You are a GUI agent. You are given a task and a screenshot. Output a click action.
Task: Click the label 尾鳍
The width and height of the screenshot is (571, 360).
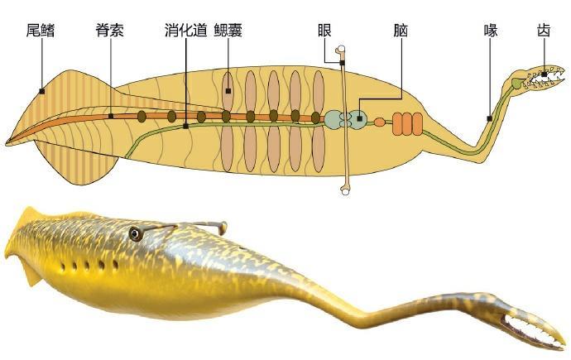click(40, 31)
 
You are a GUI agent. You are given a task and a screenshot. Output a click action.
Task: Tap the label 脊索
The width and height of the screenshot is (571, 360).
click(110, 31)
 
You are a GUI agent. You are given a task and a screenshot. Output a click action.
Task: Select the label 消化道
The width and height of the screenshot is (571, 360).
click(185, 31)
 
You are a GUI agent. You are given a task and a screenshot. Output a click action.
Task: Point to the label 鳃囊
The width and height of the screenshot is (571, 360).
click(228, 31)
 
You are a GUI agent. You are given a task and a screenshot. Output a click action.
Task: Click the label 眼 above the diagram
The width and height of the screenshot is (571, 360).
click(324, 31)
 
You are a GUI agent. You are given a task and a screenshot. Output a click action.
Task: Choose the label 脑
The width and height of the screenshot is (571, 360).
click(401, 31)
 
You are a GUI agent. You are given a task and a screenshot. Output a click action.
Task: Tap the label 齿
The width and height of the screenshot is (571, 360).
click(544, 31)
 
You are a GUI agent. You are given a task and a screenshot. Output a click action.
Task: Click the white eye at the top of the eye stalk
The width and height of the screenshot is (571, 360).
click(339, 57)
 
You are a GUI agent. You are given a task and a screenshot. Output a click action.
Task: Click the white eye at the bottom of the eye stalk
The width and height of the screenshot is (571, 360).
click(345, 191)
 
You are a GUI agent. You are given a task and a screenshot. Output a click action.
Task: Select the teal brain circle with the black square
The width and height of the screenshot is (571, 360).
click(359, 118)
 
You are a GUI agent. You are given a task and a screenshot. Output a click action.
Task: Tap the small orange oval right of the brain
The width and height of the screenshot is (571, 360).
click(380, 122)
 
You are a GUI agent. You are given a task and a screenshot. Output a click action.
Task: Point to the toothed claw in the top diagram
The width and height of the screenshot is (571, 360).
click(538, 78)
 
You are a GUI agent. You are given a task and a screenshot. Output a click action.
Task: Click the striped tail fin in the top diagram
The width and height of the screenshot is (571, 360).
click(58, 116)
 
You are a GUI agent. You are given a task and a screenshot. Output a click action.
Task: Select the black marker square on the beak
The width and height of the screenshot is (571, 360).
click(490, 118)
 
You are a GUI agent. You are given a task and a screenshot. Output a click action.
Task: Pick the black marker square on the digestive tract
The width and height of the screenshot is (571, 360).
click(185, 126)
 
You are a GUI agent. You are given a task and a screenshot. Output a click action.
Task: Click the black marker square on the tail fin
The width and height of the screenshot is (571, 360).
click(40, 90)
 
